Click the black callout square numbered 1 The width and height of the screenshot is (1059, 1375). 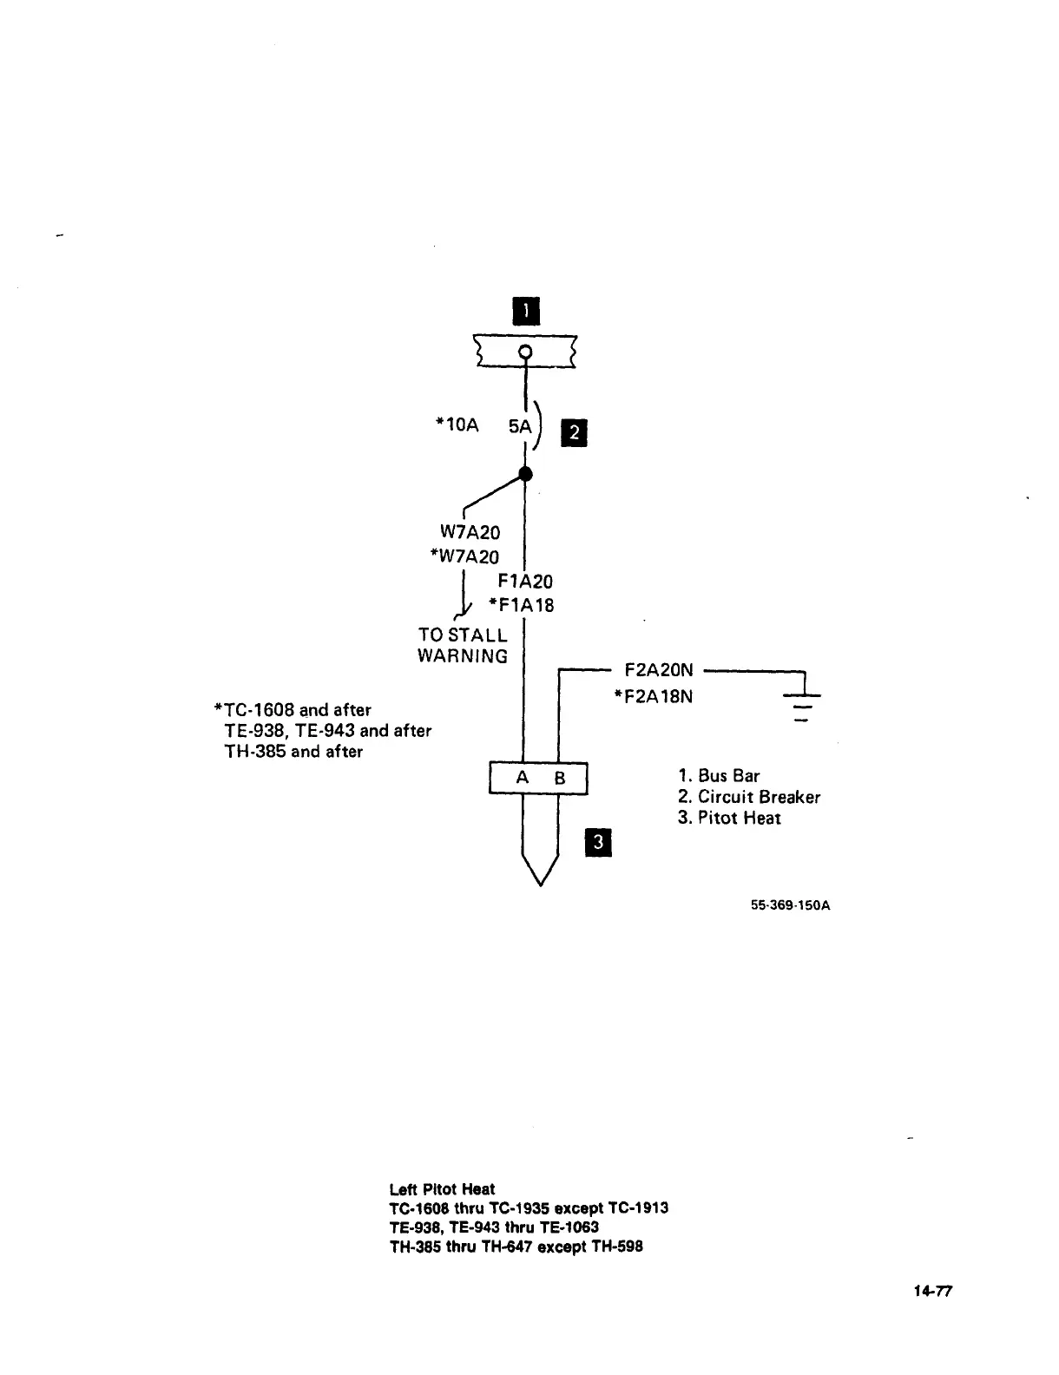coord(525,311)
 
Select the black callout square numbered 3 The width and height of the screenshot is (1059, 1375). coord(599,843)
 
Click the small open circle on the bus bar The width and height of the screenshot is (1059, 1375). coord(524,352)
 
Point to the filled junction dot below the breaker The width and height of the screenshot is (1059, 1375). coord(524,473)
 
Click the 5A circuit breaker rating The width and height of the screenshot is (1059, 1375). coord(519,426)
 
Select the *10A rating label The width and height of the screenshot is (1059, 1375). coord(457,424)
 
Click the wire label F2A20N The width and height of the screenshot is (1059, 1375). coord(659,670)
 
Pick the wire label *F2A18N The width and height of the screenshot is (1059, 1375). coord(653,696)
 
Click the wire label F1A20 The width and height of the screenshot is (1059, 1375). coord(525,581)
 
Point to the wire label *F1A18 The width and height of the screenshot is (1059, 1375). coord(521,605)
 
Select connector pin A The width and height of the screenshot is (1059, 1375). coord(523,778)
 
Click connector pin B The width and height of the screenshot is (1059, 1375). coord(560,779)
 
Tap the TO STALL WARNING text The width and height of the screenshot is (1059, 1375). coord(463,646)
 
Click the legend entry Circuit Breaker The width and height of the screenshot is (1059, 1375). coord(749,797)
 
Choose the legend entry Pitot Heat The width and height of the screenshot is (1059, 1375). coord(730,818)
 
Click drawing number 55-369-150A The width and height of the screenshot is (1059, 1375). coord(790,905)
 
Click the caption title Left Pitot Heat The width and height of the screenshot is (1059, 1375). coord(442,1188)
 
